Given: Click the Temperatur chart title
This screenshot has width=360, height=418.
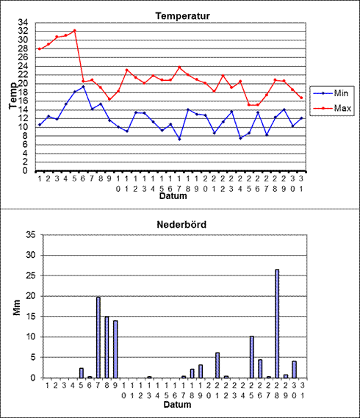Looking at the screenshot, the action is point(183,16).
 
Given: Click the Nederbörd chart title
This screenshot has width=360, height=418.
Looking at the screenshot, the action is point(181,225).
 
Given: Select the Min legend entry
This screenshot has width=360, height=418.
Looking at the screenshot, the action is point(332,93).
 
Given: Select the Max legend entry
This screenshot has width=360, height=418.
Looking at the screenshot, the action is point(332,108).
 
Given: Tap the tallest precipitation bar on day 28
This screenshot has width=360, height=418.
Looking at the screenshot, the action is point(277,324).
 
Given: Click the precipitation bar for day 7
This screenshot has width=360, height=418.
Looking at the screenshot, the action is point(98,337).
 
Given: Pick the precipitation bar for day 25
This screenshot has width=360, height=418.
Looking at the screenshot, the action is point(252,357).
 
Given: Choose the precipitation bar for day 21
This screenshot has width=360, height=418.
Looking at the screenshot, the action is point(217,365).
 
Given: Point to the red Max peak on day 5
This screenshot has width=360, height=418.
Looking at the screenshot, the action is point(75,30).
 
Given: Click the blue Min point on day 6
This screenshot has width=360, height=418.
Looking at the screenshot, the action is point(83,87).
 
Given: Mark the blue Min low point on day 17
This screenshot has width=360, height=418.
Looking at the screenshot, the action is point(179,139).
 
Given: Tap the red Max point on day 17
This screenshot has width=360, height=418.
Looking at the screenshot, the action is point(179,67).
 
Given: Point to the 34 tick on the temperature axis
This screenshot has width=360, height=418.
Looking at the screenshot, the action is point(23,22).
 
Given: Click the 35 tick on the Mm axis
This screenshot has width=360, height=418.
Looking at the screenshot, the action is point(31,235).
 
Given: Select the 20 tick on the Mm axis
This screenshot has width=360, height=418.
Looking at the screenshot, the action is point(31,296).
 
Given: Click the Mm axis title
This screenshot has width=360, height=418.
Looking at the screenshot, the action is point(17,307).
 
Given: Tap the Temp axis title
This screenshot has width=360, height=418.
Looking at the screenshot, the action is point(13,96).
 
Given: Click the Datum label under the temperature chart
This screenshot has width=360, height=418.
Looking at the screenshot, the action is point(173,196).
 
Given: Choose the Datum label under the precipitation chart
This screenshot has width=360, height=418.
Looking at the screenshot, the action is point(177,404).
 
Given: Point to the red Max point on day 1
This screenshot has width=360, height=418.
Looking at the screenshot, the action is point(40,48).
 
